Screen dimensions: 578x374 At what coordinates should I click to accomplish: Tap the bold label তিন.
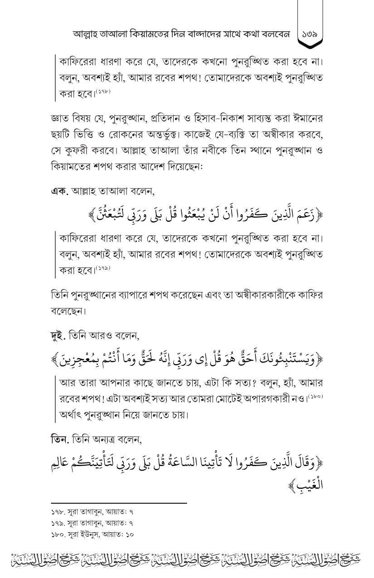tap(61, 440)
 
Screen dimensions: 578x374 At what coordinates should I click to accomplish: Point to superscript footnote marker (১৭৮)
tap(103, 92)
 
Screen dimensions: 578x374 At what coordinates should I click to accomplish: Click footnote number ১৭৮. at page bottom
tap(58, 511)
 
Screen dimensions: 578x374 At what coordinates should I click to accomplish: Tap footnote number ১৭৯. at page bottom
tap(58, 523)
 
